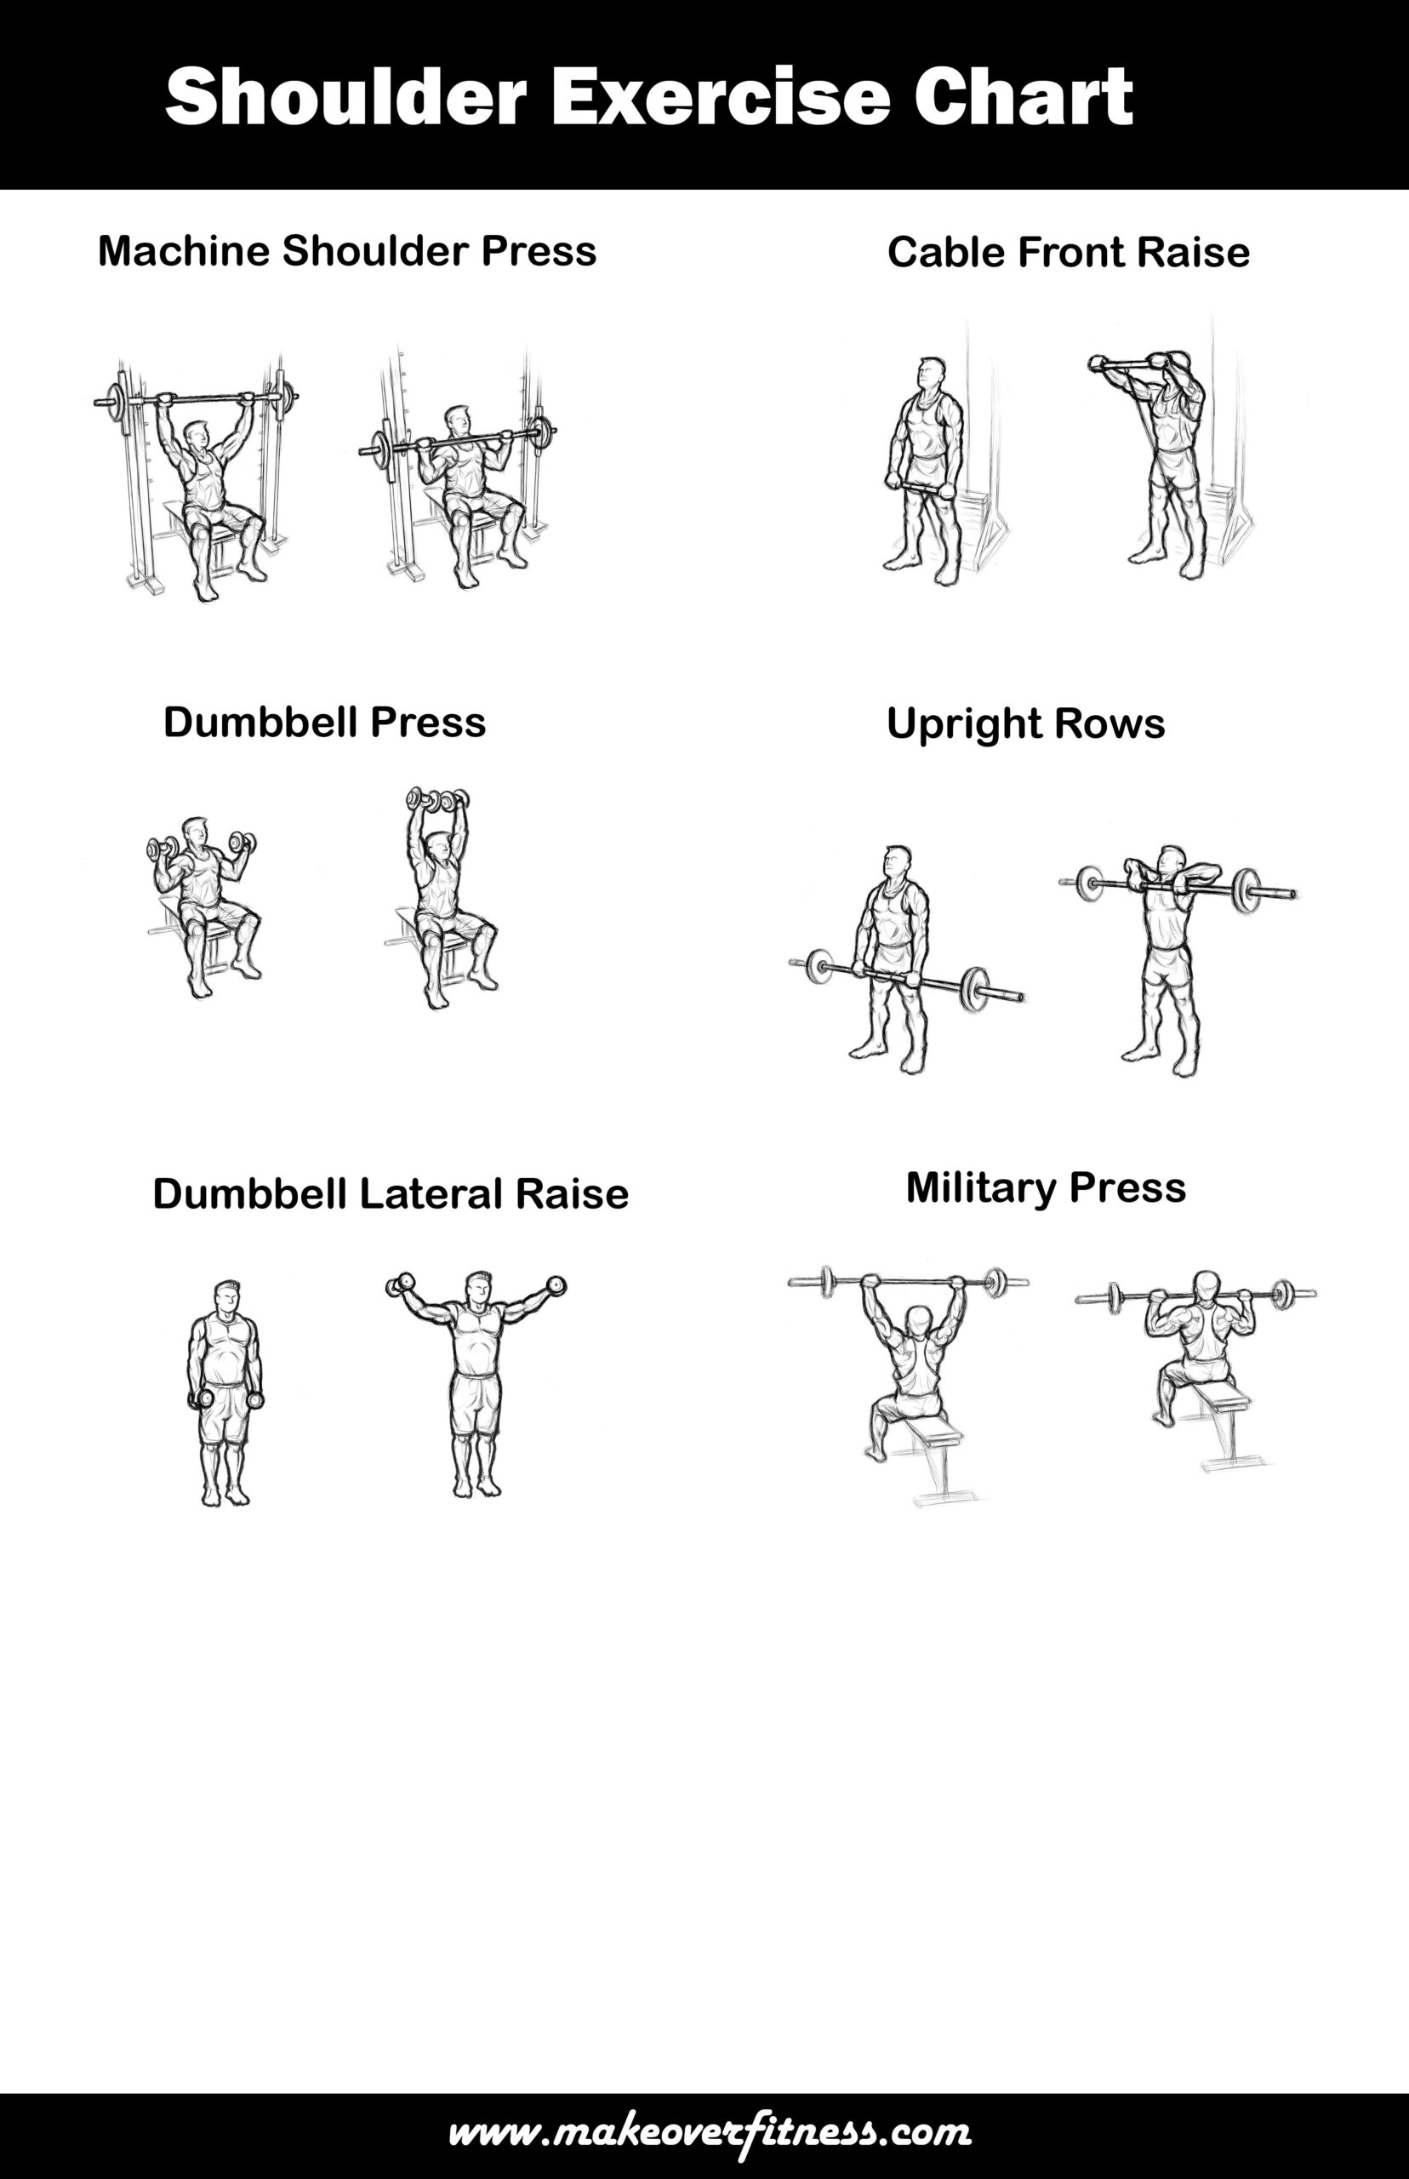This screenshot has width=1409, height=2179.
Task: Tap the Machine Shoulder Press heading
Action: [347, 251]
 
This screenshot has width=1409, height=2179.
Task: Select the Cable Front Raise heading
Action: [1068, 253]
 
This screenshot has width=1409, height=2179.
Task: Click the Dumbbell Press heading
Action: [324, 722]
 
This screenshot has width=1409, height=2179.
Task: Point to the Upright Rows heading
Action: [1025, 723]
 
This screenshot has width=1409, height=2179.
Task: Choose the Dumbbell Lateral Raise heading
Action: [391, 1193]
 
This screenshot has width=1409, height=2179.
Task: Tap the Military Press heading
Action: [1046, 1188]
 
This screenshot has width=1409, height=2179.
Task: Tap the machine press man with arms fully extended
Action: [203, 485]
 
